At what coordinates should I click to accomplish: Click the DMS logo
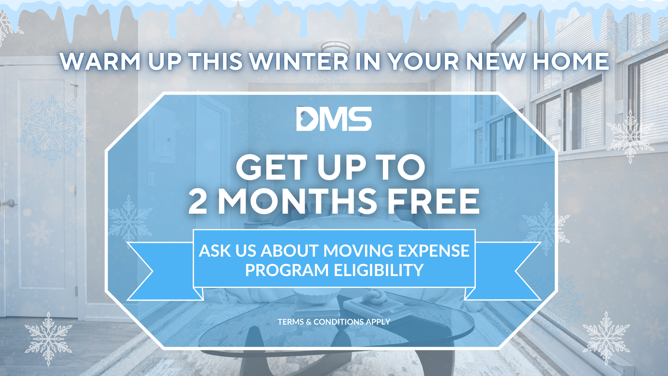coord(334,119)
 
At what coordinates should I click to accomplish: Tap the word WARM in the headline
coord(100,61)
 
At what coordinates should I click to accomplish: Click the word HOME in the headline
coord(571,61)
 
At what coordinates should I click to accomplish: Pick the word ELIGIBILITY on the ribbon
coord(379,270)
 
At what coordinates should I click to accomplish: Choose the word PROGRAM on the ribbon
coord(287,270)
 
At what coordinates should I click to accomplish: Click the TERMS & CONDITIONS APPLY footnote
coord(334,322)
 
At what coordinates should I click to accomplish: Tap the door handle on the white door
coord(9,204)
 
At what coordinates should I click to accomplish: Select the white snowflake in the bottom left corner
coord(48,339)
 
